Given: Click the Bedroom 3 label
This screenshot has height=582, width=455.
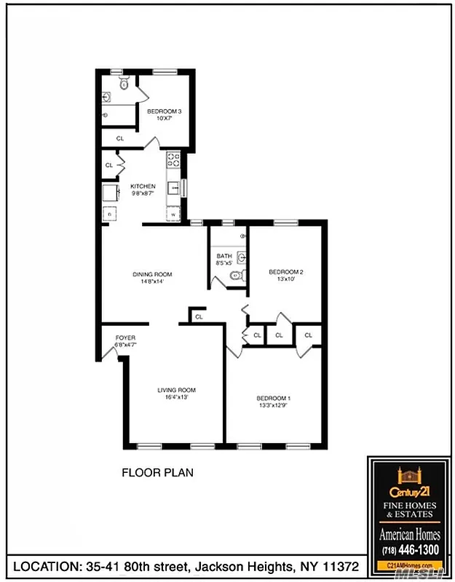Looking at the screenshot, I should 164,111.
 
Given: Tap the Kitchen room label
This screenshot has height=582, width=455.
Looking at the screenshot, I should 143,186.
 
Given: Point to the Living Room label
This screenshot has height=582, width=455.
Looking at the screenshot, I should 176,391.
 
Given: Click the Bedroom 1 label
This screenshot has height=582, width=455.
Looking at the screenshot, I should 274,399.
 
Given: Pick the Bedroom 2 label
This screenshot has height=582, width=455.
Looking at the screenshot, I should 285,273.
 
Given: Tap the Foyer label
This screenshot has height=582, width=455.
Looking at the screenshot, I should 126,338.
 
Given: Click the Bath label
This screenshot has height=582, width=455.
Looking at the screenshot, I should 223,256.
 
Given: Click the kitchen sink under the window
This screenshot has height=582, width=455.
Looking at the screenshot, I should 173,188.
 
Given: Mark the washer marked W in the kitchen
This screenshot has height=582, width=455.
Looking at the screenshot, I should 173,214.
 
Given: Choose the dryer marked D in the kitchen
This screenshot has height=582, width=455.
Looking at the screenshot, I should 109,214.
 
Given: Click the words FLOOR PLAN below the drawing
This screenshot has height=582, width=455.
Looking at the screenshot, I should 157,473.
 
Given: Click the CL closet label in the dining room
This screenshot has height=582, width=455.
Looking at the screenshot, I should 198,316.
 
